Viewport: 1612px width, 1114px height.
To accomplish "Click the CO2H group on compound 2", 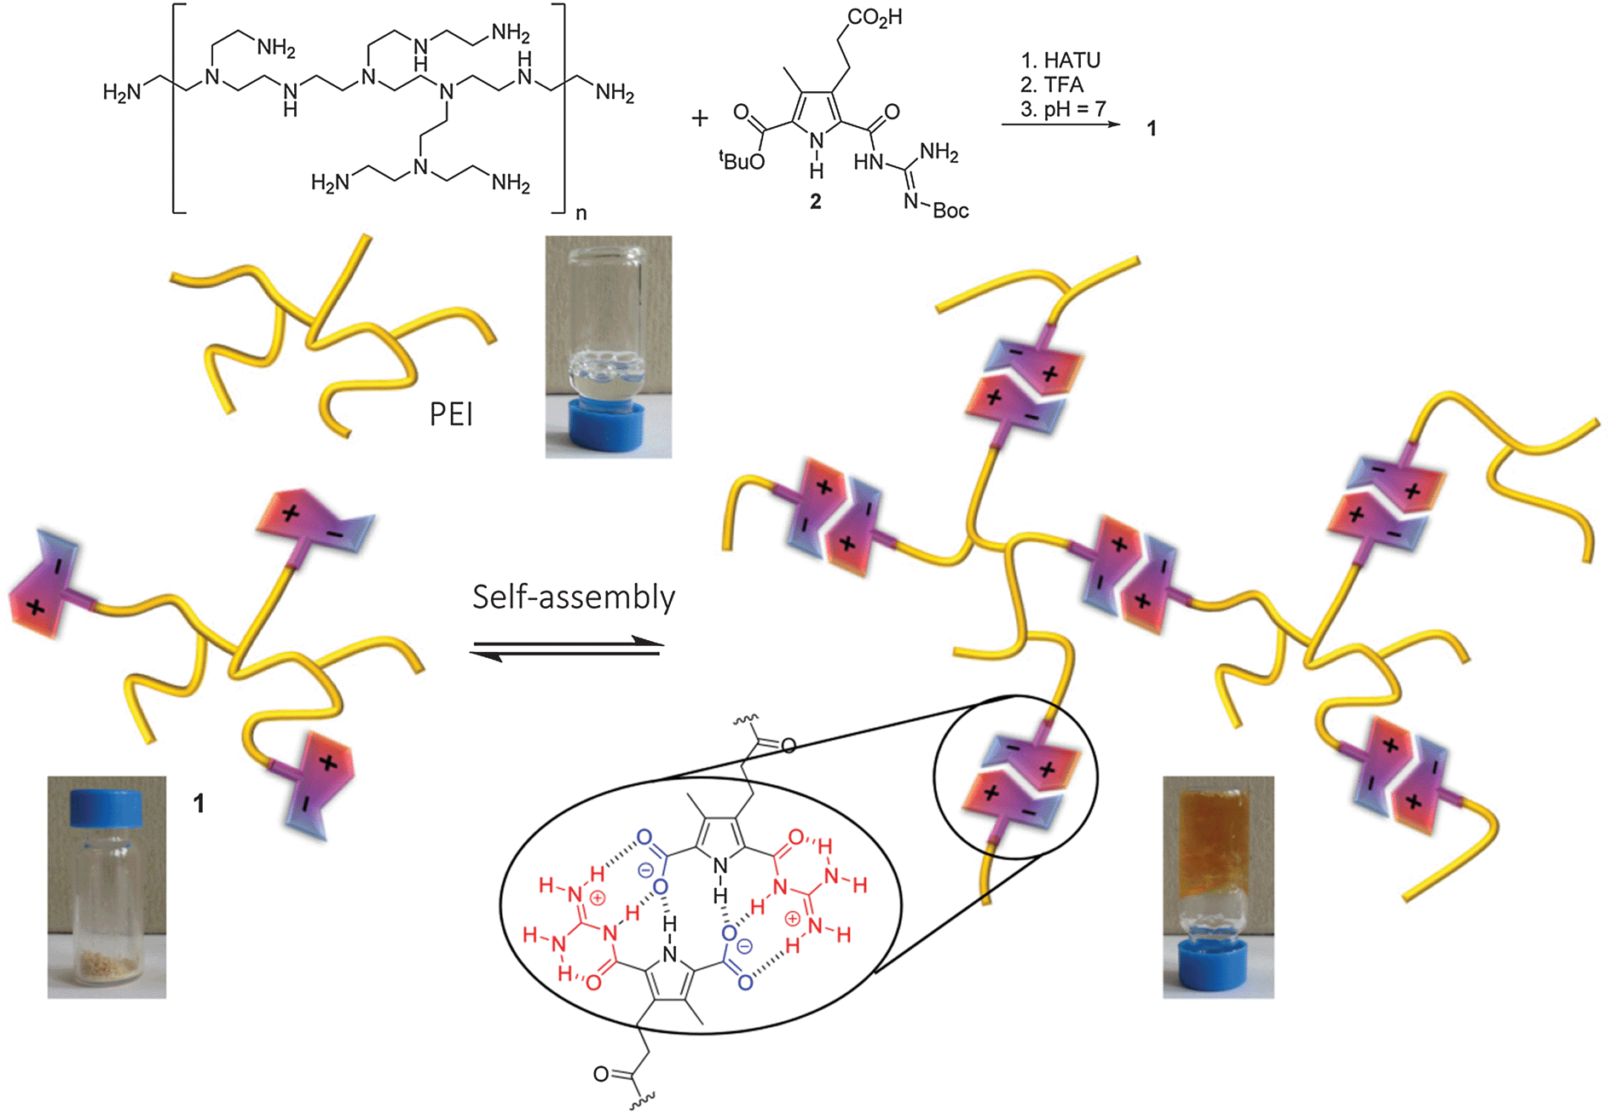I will click(875, 17).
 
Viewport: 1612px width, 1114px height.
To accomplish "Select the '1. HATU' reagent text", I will click(1060, 61).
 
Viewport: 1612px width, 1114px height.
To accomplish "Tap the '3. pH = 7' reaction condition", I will click(1063, 109).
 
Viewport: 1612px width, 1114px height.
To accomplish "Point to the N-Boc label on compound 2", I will click(939, 209).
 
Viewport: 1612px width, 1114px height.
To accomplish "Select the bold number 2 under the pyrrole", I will click(815, 202).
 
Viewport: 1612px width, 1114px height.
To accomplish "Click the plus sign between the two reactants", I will click(700, 118).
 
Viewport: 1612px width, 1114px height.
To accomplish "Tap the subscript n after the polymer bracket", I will click(581, 213).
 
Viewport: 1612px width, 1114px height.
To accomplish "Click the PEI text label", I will click(451, 415).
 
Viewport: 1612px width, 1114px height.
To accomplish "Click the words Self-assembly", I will click(574, 597).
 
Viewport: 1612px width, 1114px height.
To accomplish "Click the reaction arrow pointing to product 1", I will click(1060, 125).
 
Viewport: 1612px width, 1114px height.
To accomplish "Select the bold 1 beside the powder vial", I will click(199, 803).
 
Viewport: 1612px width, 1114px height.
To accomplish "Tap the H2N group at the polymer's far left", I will click(122, 92).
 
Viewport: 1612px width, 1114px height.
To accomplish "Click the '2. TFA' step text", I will click(1051, 84).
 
